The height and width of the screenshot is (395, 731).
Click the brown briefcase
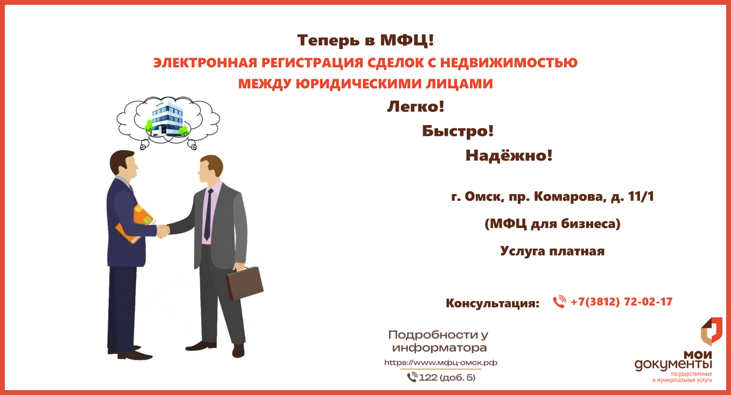(245, 283)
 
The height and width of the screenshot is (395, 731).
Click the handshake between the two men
(163, 231)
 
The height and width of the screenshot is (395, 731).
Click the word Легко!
(416, 107)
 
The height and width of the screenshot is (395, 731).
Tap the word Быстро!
(458, 131)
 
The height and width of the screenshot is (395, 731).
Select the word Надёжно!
(509, 155)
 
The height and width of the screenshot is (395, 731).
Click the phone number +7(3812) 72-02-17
(622, 302)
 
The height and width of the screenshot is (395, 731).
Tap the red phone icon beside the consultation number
(559, 302)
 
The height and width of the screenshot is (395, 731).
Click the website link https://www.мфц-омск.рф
(440, 363)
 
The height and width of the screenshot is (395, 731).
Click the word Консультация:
(493, 303)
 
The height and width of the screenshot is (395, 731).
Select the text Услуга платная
(552, 251)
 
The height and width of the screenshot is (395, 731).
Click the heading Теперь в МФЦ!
(365, 40)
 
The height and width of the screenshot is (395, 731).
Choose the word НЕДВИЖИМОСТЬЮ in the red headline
(509, 63)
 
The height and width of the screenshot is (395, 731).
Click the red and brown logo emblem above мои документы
(711, 331)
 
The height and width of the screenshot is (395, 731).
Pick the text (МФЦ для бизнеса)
(552, 224)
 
